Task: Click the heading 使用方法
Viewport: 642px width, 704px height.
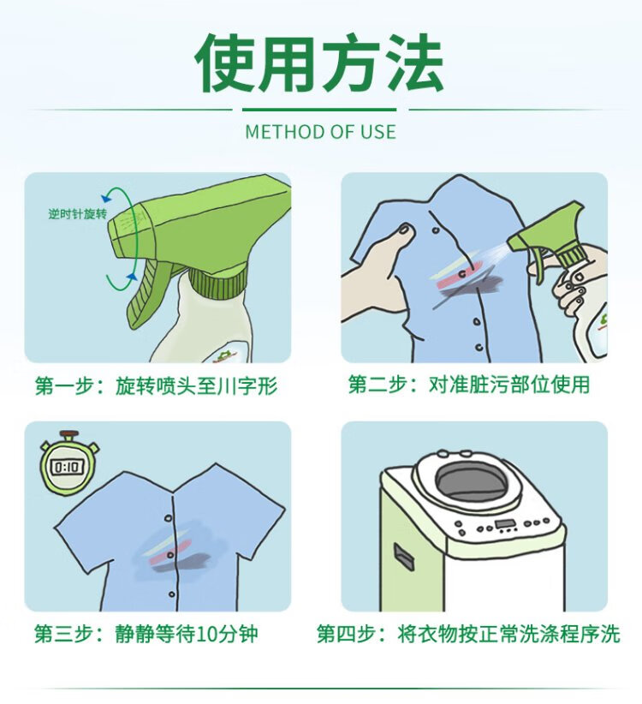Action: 320,63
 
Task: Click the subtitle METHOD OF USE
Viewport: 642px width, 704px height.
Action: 321,132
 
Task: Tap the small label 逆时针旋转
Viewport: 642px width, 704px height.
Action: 78,214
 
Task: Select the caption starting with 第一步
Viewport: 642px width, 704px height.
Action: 156,385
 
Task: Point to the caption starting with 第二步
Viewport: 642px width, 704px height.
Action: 469,385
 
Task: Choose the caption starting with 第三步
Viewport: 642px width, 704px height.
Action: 146,634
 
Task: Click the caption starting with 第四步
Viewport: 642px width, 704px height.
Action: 468,634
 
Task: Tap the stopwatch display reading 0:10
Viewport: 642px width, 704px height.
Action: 68,468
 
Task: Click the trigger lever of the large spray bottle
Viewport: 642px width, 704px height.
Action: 146,294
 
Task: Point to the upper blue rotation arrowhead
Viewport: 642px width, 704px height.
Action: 106,198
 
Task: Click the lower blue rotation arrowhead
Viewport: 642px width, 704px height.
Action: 132,276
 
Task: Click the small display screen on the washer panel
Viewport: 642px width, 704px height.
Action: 505,524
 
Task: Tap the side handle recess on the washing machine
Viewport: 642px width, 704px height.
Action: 404,558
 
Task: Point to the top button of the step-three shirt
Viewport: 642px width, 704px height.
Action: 169,518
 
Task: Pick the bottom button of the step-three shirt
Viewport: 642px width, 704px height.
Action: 171,594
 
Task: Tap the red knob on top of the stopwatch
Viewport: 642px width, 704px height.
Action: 69,433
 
